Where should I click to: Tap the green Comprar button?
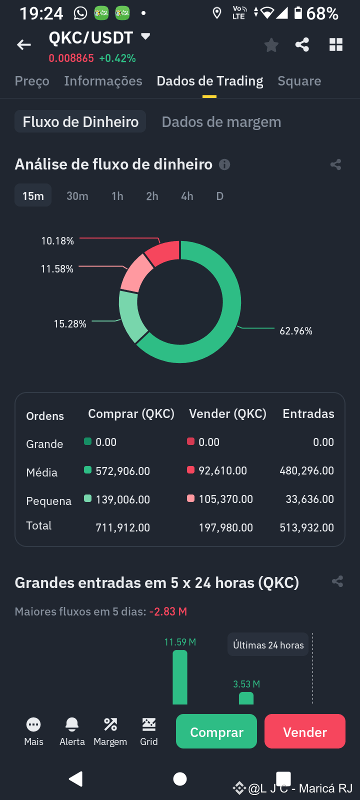tap(216, 731)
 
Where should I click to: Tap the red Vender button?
tap(304, 731)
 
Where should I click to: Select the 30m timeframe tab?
tap(77, 196)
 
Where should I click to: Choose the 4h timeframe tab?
tap(187, 196)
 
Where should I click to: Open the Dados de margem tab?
tap(221, 122)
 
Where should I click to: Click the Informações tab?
tap(103, 81)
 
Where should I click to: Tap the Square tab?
tap(299, 81)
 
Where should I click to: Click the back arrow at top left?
tap(24, 45)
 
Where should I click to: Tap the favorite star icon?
tap(271, 45)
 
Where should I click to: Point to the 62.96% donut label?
tap(296, 331)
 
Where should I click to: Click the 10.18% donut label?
tap(57, 241)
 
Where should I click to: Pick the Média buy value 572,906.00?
tap(122, 471)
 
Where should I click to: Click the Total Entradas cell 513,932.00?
tap(306, 527)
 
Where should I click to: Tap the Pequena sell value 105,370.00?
tap(225, 499)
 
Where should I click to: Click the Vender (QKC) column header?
tap(227, 414)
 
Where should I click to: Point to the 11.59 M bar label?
tap(180, 642)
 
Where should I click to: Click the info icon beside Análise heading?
tap(224, 164)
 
